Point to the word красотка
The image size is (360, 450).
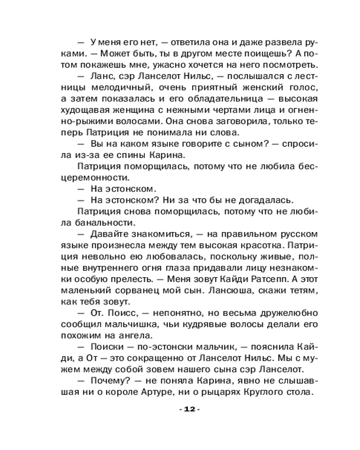coord(256,246)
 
